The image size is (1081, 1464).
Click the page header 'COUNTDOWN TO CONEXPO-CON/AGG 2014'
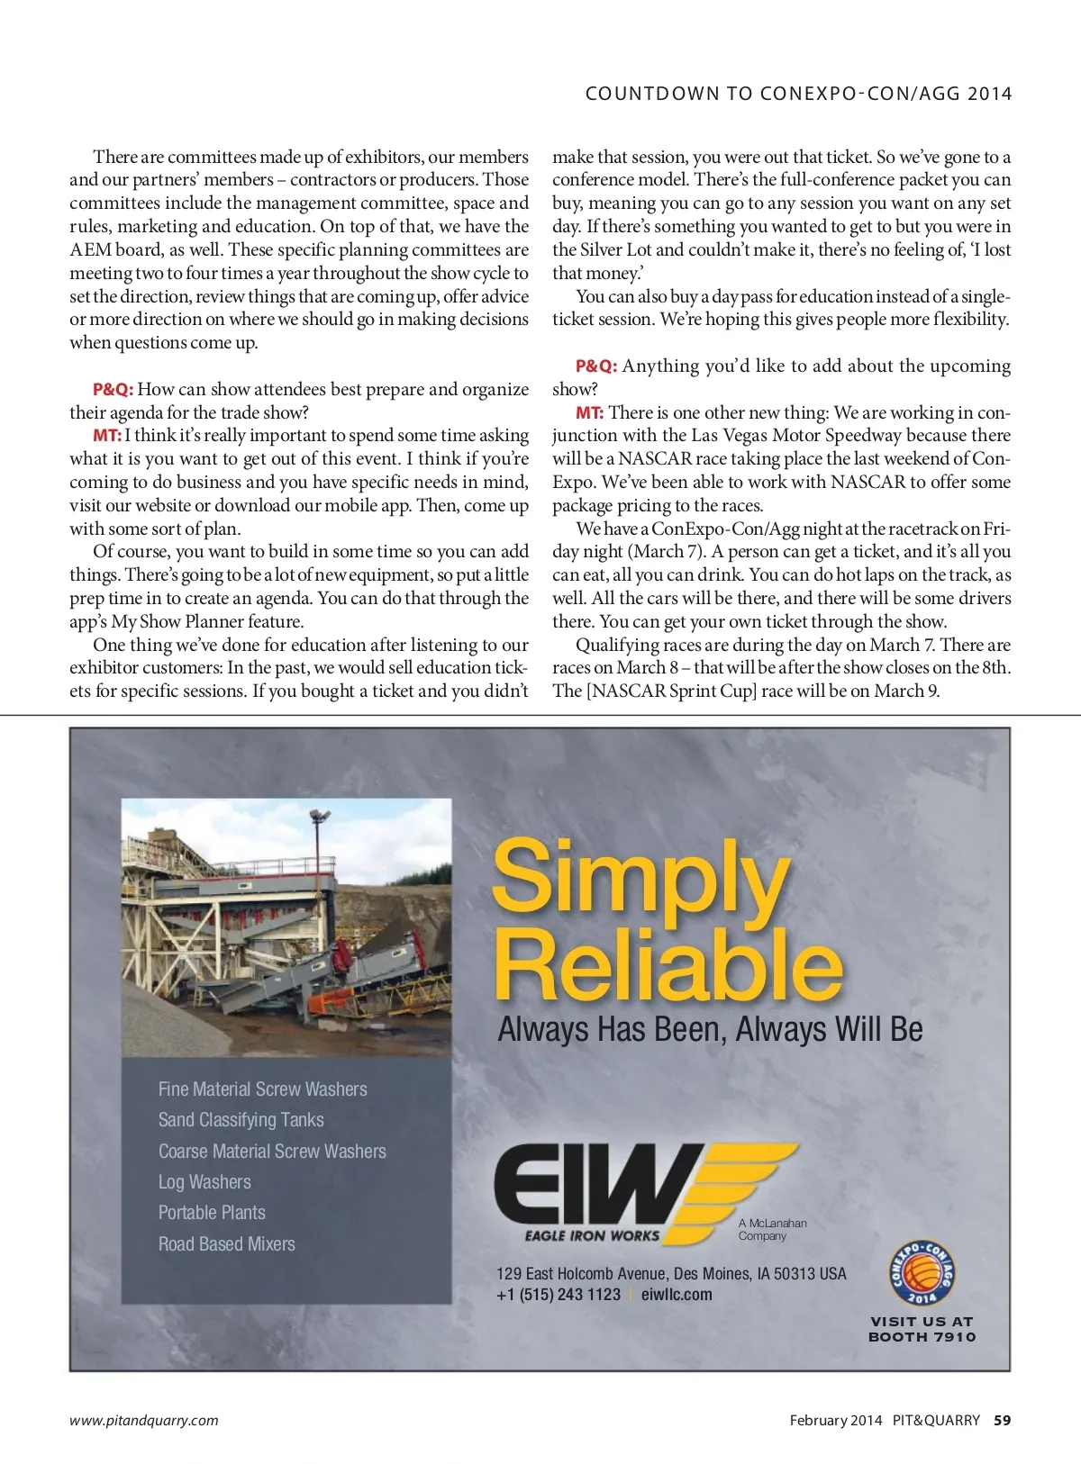(x=798, y=94)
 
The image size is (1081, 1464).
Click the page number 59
(x=1002, y=1420)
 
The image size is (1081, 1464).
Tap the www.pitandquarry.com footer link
(x=144, y=1420)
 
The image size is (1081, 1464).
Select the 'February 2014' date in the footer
(x=835, y=1420)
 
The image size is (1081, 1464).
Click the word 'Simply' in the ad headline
(x=640, y=875)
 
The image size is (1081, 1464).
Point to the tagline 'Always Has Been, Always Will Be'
(x=710, y=1029)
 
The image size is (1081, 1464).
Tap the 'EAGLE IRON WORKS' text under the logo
(x=592, y=1236)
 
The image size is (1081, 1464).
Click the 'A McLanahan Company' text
(x=772, y=1229)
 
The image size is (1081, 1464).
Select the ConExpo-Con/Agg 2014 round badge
(x=922, y=1273)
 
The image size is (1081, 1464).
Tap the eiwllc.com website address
(x=677, y=1295)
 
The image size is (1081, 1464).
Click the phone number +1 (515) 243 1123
(x=559, y=1295)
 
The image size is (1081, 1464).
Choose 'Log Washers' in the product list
(x=204, y=1182)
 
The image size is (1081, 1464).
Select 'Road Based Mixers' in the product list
(x=227, y=1244)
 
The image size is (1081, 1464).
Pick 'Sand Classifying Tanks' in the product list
(x=241, y=1120)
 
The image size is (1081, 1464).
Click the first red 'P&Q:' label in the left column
(x=113, y=390)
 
